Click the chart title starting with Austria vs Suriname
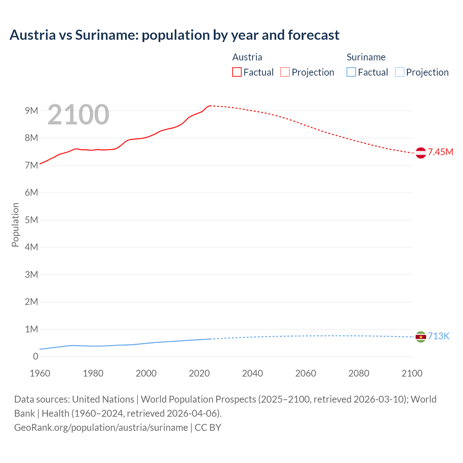tap(174, 35)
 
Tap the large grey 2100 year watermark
tap(78, 115)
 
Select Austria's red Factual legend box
tap(237, 72)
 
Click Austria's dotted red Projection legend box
tap(285, 72)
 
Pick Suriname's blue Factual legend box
tap(351, 72)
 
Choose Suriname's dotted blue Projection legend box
tap(399, 72)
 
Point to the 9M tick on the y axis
tap(31, 111)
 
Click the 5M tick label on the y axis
tap(31, 220)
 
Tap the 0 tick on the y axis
tap(35, 356)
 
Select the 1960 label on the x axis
tap(40, 373)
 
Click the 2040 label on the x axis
tap(252, 373)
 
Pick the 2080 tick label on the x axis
tap(359, 373)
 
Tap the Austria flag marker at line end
tap(421, 153)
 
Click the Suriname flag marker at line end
tap(421, 337)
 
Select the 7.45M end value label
tap(441, 152)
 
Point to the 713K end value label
tap(438, 336)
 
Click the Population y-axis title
tap(15, 225)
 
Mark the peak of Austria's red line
tap(210, 106)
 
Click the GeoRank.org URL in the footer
tap(101, 428)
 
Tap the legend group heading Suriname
tap(366, 57)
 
